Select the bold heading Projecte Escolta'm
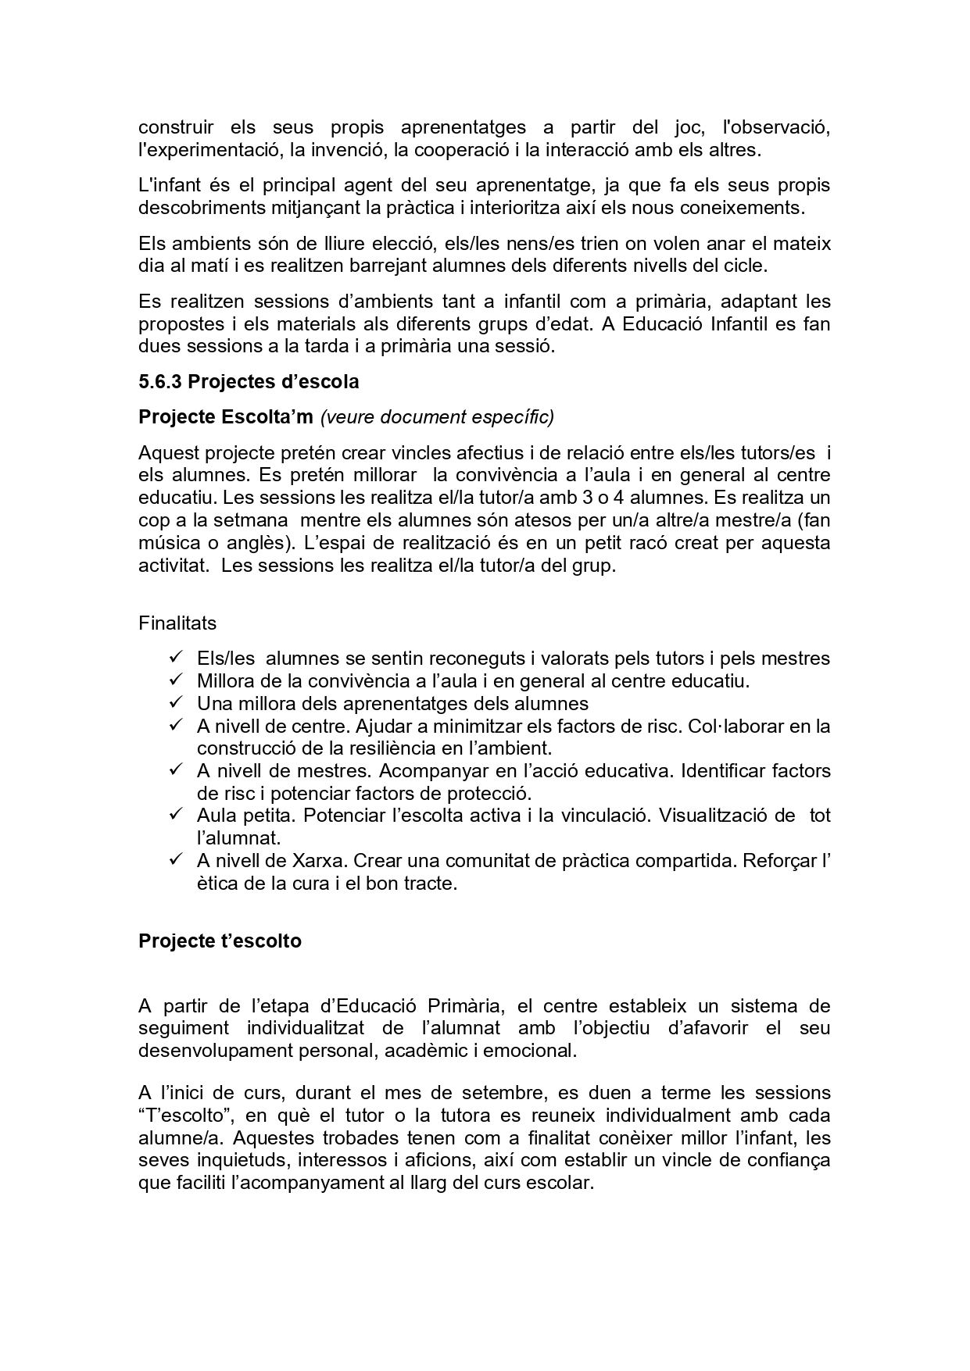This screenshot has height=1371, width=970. (x=226, y=417)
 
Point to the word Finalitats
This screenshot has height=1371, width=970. (x=177, y=623)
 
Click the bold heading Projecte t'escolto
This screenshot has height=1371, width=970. (x=220, y=941)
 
